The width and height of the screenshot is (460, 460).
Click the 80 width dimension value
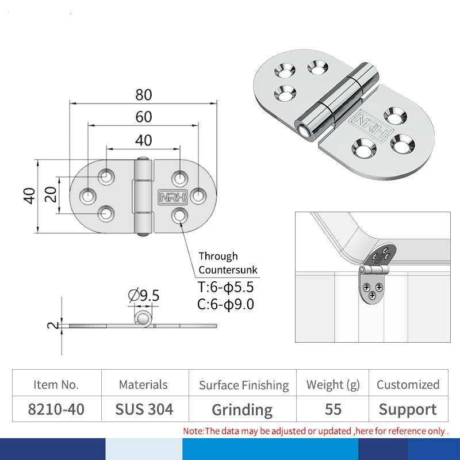click(144, 95)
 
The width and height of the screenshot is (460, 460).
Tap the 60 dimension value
click(144, 117)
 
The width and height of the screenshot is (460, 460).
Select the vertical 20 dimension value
click(51, 194)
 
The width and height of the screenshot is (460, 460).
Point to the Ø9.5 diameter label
click(144, 295)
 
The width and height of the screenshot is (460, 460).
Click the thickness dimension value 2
click(53, 325)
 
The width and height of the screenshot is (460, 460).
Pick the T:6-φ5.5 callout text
click(225, 287)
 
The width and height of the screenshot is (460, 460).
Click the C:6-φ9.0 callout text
click(225, 304)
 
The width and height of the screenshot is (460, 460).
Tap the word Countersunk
click(228, 270)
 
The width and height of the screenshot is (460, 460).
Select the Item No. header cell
click(56, 385)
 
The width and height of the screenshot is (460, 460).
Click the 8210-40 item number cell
click(56, 409)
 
